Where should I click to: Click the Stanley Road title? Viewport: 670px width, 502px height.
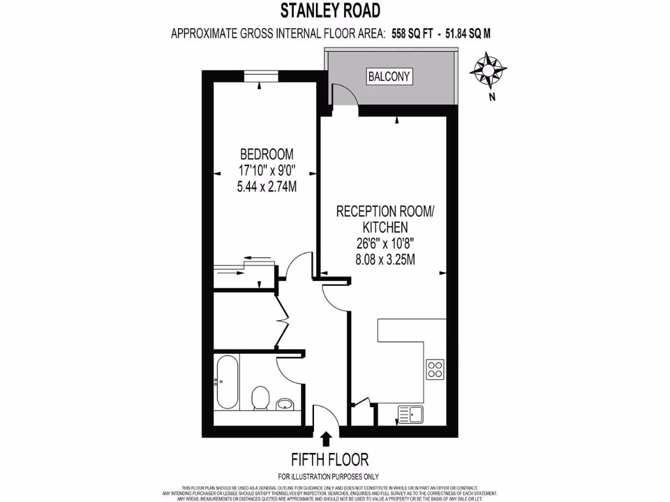[329, 10]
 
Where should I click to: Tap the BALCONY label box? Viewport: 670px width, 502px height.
[389, 76]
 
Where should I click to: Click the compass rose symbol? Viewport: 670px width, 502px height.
[487, 71]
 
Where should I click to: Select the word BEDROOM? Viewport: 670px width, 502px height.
[266, 155]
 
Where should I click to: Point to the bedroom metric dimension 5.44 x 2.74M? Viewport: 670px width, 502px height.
[267, 186]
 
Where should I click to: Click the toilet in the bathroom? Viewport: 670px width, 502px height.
[261, 397]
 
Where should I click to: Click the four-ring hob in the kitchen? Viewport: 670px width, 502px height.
[434, 369]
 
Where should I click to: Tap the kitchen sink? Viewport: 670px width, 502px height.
[410, 413]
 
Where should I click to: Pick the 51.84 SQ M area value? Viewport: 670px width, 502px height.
[468, 33]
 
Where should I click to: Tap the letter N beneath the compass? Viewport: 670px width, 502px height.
[491, 97]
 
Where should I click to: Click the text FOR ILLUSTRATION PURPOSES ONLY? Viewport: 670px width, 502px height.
[328, 477]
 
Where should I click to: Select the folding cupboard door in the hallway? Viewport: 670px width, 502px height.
[283, 320]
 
